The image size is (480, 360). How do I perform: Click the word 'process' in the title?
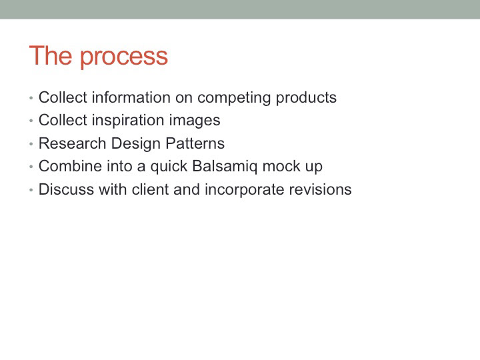click(x=124, y=57)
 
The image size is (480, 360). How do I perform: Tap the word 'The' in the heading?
click(x=51, y=55)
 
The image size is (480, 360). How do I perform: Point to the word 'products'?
click(x=306, y=97)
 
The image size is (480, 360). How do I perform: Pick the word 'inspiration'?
click(x=128, y=121)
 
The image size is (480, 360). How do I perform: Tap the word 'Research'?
click(x=72, y=143)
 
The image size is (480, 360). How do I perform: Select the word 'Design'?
click(x=135, y=144)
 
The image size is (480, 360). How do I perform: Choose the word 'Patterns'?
click(x=195, y=143)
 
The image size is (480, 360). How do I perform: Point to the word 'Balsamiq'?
click(x=225, y=167)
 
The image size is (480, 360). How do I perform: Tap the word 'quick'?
click(x=169, y=167)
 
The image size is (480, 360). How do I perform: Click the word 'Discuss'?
click(x=66, y=189)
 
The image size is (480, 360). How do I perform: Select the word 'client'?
click(x=150, y=189)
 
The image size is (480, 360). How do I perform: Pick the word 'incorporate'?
click(x=245, y=190)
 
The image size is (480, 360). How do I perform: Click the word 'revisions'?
click(x=321, y=189)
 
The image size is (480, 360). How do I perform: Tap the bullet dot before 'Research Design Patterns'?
click(x=31, y=143)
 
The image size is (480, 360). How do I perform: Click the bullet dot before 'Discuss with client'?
click(x=31, y=190)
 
